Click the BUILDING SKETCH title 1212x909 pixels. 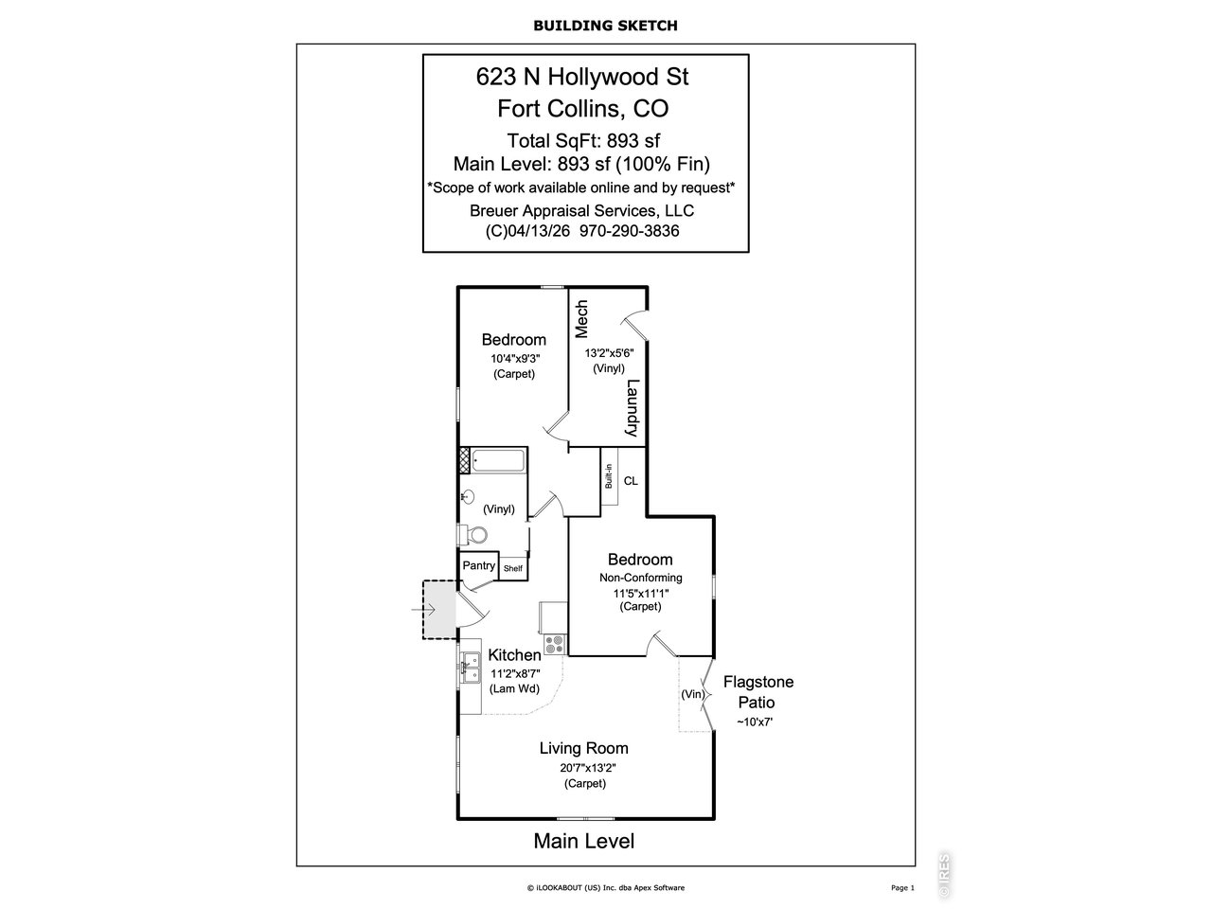[x=605, y=26]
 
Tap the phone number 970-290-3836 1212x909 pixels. [x=629, y=231]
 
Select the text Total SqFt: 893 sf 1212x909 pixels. [x=583, y=141]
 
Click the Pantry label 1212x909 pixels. [x=478, y=565]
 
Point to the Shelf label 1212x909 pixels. [x=513, y=568]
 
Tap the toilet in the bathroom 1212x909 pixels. [x=473, y=534]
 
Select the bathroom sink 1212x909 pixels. [x=468, y=497]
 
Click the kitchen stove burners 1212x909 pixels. [x=555, y=645]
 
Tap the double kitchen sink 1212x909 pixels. [x=471, y=668]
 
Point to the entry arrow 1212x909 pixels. [x=423, y=610]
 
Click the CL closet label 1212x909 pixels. [x=631, y=481]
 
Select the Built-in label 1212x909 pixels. [x=609, y=475]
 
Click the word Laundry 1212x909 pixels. [x=633, y=408]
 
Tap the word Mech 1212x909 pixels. [x=581, y=319]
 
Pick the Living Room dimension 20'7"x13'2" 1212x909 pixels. [x=587, y=768]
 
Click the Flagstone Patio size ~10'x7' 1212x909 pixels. [x=755, y=722]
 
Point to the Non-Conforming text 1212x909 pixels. [x=640, y=578]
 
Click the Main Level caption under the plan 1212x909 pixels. [x=583, y=841]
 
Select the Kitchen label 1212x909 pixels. [x=514, y=655]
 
